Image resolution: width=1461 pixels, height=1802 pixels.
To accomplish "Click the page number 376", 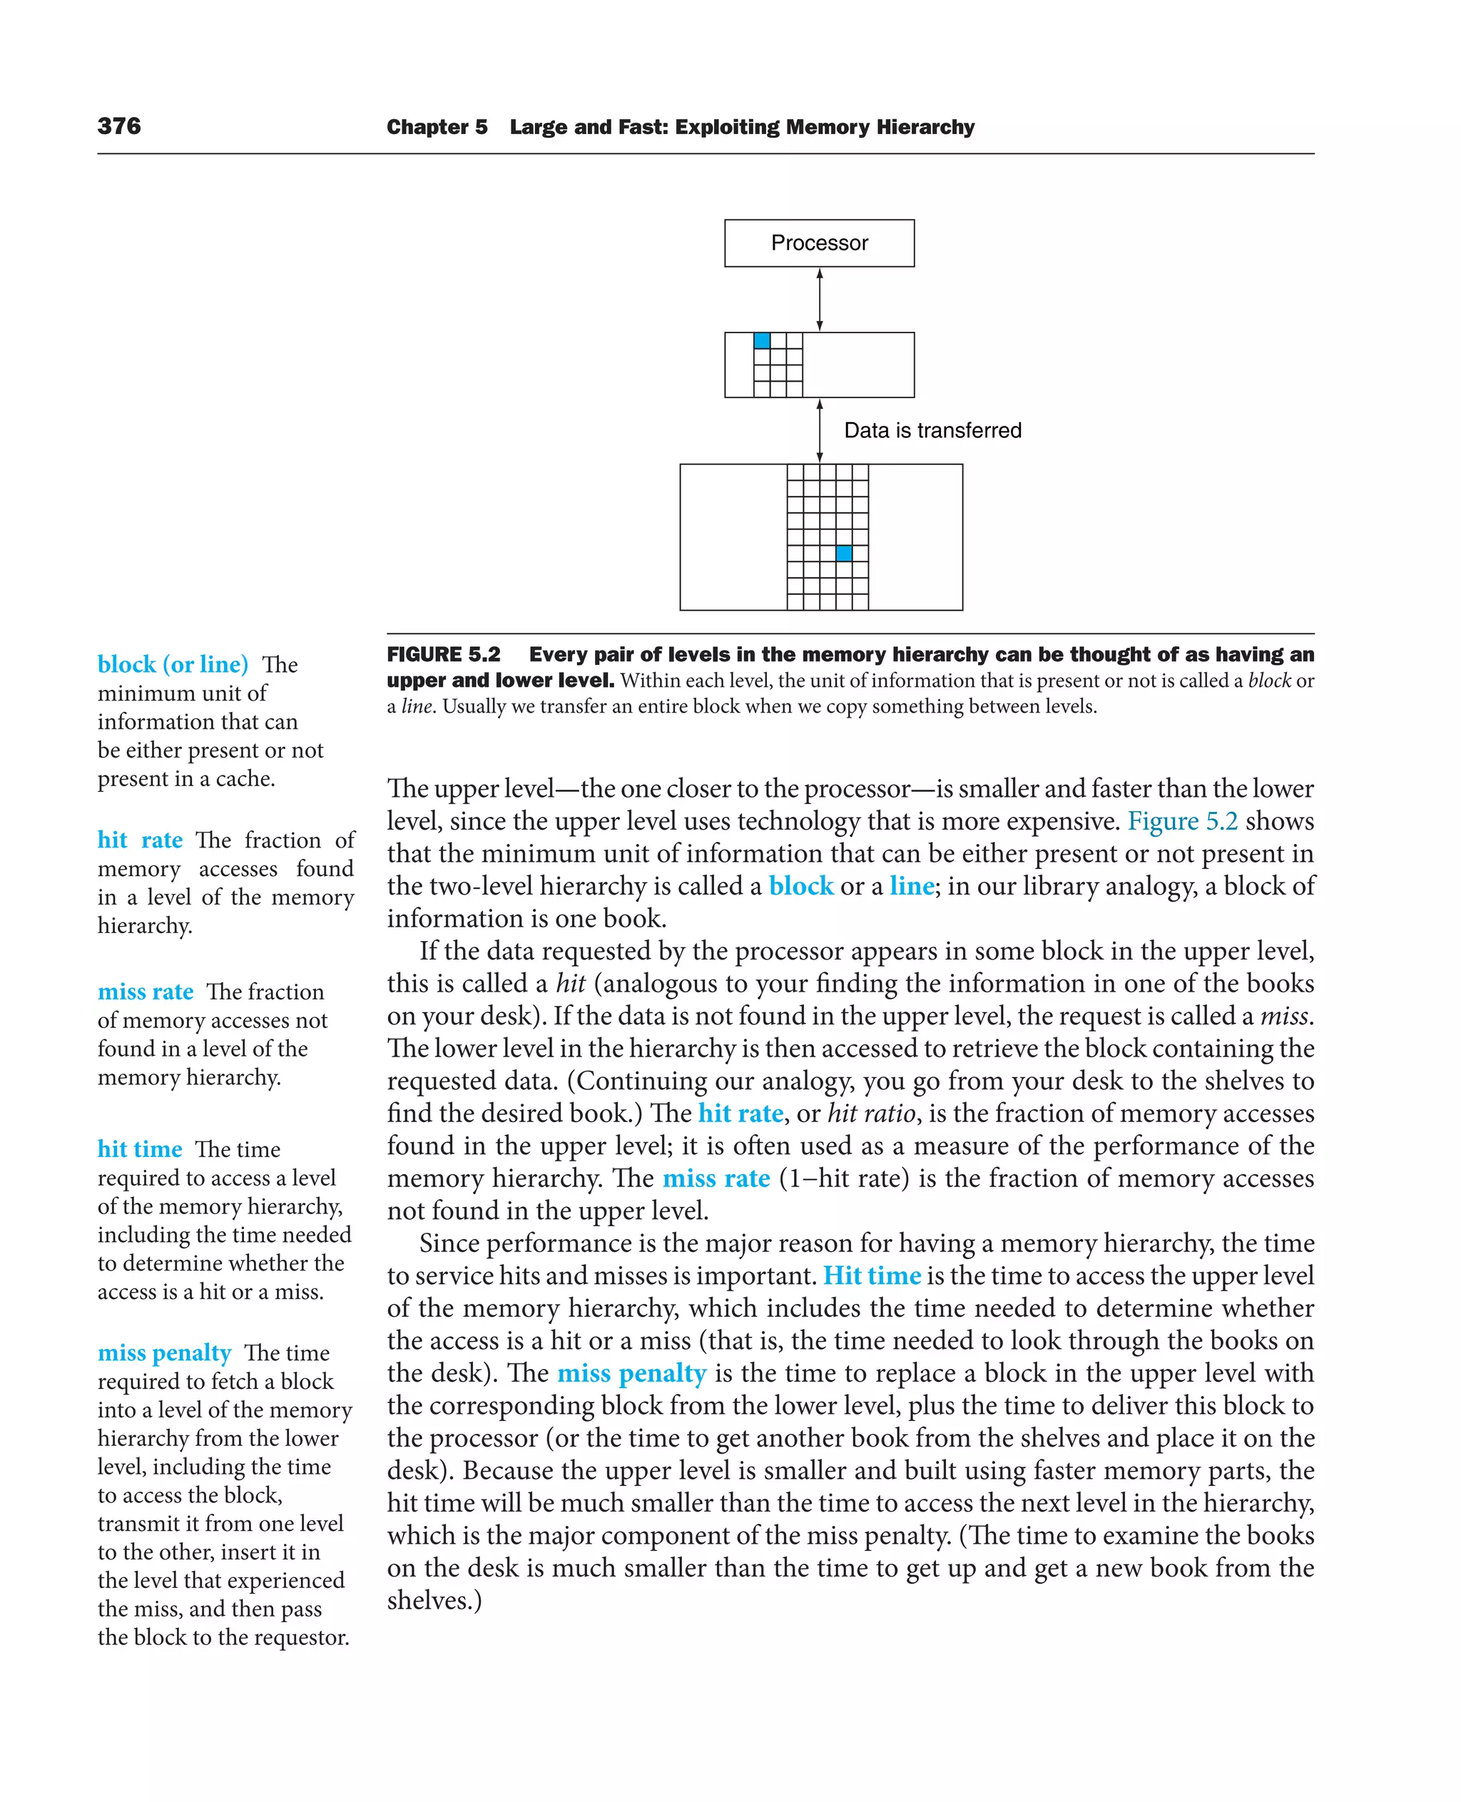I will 118,126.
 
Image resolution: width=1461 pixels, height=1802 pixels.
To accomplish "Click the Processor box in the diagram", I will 819,243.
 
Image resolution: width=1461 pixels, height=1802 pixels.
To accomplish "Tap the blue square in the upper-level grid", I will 762,341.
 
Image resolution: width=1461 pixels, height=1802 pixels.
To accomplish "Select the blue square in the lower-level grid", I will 843,553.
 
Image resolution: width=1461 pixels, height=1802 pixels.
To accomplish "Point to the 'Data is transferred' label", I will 932,431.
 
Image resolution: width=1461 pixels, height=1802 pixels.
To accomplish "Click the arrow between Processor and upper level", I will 819,300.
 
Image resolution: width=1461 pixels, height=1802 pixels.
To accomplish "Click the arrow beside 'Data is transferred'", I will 819,431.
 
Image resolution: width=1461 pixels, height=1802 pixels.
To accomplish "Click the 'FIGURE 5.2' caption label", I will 444,655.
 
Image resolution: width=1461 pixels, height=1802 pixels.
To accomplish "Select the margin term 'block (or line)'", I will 173,664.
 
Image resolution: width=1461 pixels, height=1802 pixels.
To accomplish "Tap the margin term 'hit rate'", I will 140,840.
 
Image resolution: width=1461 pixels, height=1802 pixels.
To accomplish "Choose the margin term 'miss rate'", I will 146,992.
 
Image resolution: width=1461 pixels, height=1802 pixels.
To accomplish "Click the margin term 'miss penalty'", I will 164,1353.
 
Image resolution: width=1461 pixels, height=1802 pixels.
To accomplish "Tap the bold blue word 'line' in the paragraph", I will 912,886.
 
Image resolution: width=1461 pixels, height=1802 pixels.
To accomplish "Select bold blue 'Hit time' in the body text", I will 872,1276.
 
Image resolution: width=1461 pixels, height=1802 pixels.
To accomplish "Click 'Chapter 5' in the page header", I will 437,127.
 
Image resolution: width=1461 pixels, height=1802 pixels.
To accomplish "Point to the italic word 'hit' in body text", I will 571,983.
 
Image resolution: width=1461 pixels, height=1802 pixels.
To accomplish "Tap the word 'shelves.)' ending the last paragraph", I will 434,1601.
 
